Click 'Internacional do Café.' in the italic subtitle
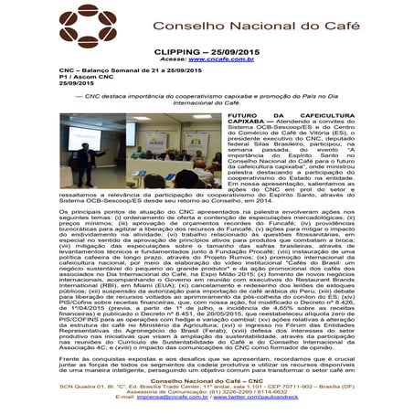207,106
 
